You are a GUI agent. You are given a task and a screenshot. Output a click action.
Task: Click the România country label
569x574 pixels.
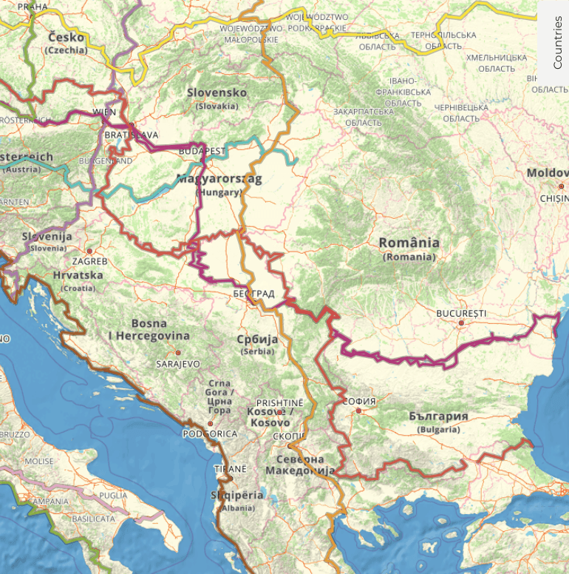point(409,243)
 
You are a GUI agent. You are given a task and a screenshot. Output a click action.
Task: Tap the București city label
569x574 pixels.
point(461,313)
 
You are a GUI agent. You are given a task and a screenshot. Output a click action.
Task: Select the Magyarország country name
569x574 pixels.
point(219,179)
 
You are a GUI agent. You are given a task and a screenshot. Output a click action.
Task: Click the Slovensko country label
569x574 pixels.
point(217,92)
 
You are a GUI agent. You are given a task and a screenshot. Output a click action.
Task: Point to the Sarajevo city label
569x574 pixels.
point(178,364)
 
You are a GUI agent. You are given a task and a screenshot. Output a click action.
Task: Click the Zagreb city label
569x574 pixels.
point(89,261)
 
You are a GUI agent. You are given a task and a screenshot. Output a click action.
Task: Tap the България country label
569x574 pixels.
point(438,416)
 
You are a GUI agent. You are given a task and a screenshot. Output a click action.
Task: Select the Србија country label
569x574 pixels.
point(257,339)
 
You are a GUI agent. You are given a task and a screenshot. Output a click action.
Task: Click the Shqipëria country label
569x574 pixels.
point(236,496)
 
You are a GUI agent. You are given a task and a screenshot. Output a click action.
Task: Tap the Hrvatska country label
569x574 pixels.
point(78,275)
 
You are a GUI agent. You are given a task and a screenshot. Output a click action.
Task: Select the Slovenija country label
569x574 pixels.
point(47,237)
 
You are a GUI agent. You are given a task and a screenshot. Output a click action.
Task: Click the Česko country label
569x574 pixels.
point(66,38)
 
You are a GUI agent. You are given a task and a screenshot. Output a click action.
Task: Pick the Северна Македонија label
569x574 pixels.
point(300,464)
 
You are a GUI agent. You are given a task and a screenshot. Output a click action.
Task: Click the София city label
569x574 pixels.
point(361,401)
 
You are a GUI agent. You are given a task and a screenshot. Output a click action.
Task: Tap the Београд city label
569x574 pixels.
point(253,294)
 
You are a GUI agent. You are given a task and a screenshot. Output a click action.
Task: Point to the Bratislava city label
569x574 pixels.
point(132,135)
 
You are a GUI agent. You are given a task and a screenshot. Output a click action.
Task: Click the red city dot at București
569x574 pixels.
point(460,323)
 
